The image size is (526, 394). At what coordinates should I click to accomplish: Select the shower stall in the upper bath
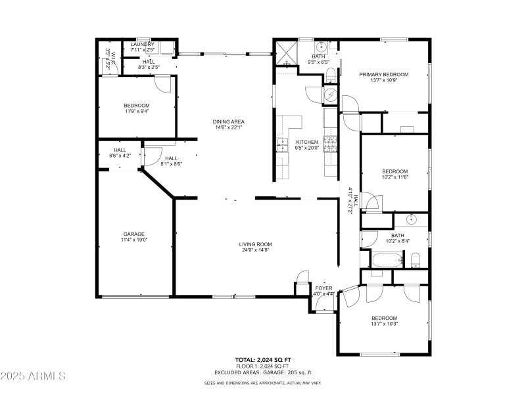285,51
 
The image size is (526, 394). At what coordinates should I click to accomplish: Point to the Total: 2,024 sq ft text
262,360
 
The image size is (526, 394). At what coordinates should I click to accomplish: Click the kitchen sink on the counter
283,144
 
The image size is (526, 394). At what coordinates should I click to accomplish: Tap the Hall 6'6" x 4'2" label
120,153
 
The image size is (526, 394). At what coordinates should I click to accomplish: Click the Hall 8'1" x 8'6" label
171,161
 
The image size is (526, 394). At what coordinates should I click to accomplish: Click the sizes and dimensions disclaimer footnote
262,382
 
